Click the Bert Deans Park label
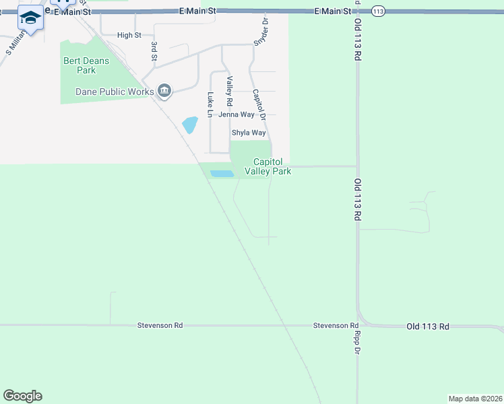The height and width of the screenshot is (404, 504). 80,65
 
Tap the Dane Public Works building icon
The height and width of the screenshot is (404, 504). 164,90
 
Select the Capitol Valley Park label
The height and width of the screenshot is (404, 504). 272,166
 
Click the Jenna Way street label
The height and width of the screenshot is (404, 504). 232,114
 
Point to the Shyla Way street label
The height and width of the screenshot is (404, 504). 249,133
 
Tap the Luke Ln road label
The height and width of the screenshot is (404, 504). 210,102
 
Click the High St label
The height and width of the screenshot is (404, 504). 129,35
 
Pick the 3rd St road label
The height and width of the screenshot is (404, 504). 154,52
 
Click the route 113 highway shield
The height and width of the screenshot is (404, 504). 378,11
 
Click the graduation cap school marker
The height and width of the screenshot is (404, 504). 30,18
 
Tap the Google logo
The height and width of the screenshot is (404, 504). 22,396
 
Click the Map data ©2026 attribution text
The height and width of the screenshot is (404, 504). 475,398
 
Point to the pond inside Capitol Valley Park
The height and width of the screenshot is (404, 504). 222,174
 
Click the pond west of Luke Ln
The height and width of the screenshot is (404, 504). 190,125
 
